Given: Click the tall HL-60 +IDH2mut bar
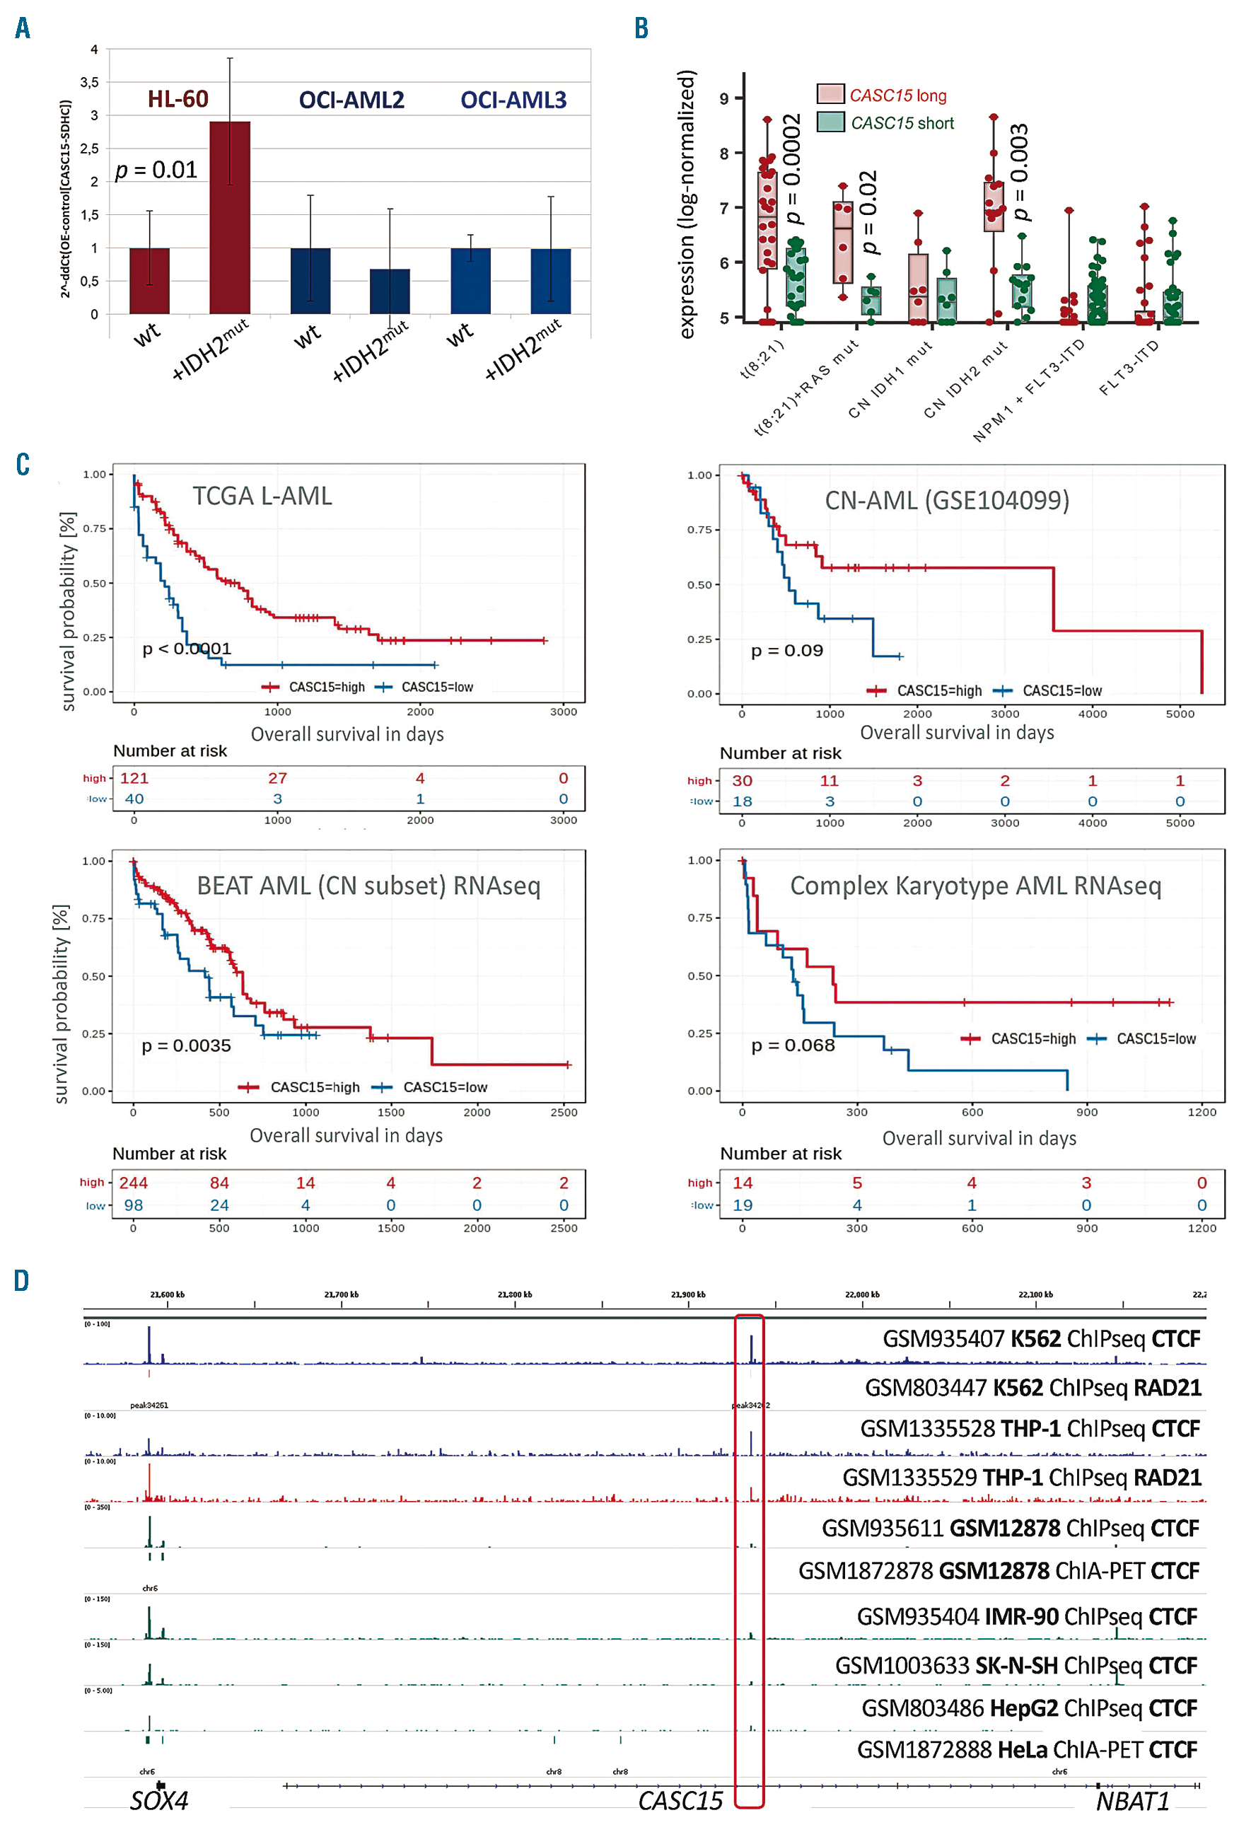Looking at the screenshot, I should (x=229, y=218).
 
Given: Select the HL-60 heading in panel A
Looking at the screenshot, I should (x=178, y=99).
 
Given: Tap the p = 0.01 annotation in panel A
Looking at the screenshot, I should (x=156, y=170).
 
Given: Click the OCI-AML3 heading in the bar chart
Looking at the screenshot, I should (x=513, y=100).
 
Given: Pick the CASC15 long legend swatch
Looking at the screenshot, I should (x=830, y=95).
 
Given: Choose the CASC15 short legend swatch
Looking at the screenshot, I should (x=830, y=122).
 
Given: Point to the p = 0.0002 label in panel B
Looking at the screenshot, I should (x=791, y=168).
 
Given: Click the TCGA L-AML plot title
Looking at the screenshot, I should (x=262, y=496).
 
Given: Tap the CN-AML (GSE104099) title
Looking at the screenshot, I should (x=947, y=501).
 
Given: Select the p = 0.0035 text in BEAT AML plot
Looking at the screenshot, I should (x=186, y=1046).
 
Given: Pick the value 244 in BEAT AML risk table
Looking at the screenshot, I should (x=133, y=1183).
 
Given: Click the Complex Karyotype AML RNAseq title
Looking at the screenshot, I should (x=975, y=886).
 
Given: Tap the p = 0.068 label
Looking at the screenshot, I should (x=792, y=1045).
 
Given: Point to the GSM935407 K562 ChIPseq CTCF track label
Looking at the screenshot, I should (x=1040, y=1338).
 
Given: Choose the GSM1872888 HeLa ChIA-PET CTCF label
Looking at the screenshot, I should (x=1026, y=1750).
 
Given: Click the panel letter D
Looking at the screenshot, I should (x=21, y=1281).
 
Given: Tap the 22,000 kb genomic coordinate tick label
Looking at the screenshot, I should (x=861, y=1294).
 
